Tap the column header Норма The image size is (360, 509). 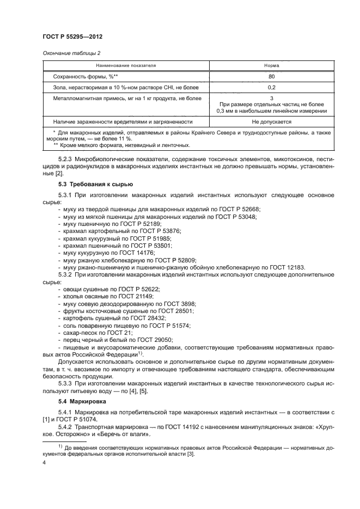click(271, 65)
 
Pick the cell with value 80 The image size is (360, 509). click(271, 76)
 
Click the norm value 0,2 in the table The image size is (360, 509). click(271, 87)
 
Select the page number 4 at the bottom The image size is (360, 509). click(45, 463)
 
